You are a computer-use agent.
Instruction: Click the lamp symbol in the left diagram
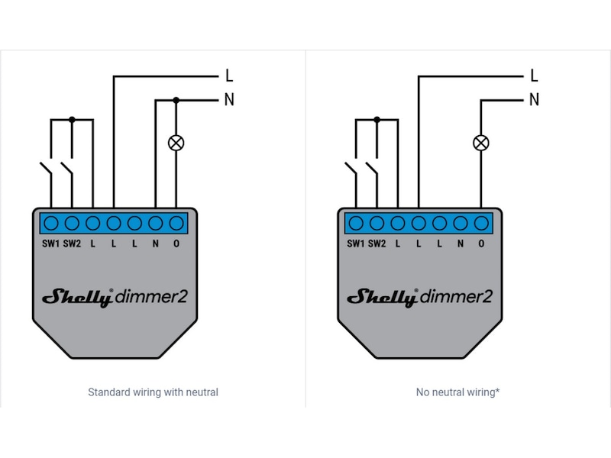click(176, 143)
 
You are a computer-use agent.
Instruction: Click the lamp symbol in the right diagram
click(480, 143)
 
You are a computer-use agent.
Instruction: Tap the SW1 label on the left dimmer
click(50, 244)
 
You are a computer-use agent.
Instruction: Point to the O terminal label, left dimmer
click(176, 244)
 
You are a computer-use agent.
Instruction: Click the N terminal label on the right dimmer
click(461, 244)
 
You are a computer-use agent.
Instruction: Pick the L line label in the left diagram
click(228, 76)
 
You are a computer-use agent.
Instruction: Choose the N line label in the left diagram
click(228, 99)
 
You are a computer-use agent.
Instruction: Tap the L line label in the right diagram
click(534, 76)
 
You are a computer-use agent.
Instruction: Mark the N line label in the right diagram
click(534, 99)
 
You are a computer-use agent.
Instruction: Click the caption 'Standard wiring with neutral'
click(153, 392)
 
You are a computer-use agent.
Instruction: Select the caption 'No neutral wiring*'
click(457, 392)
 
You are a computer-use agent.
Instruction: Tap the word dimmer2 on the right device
click(457, 297)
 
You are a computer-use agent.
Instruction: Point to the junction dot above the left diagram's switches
click(72, 119)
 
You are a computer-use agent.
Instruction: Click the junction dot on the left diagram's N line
click(176, 99)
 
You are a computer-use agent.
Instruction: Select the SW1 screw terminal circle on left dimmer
click(51, 224)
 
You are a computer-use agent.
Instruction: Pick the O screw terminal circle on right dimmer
click(481, 224)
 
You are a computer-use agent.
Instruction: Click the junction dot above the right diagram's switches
click(377, 119)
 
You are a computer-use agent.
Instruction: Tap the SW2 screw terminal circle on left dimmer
click(72, 224)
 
